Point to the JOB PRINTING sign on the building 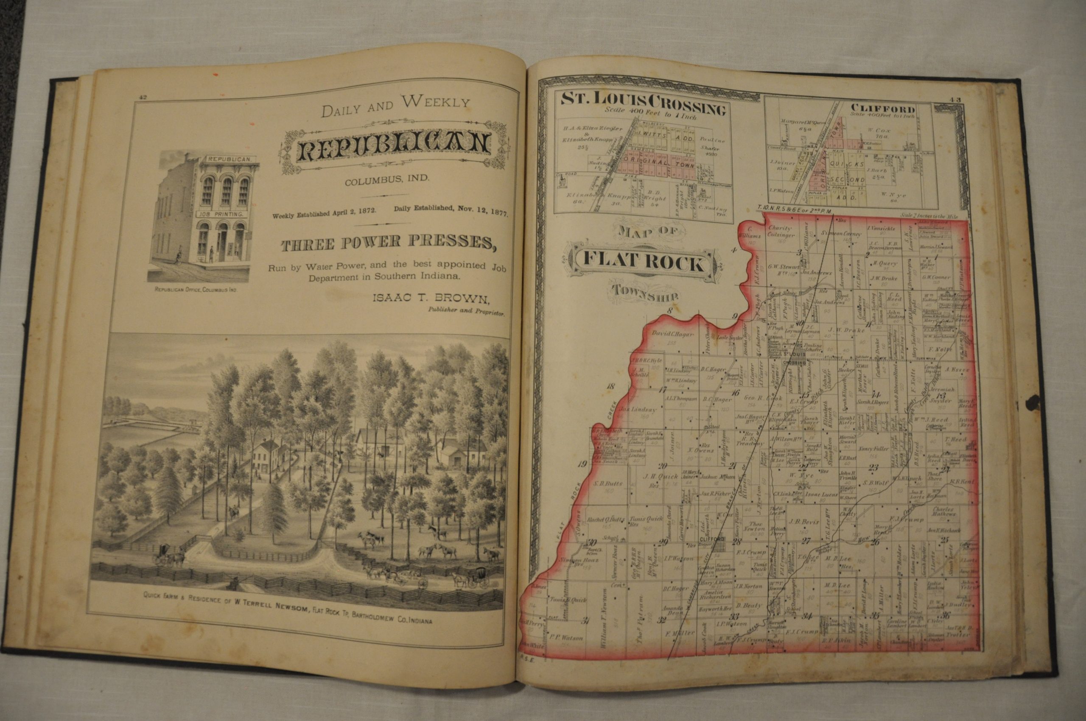[223, 213]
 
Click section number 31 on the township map [585, 621]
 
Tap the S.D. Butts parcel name [607, 483]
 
